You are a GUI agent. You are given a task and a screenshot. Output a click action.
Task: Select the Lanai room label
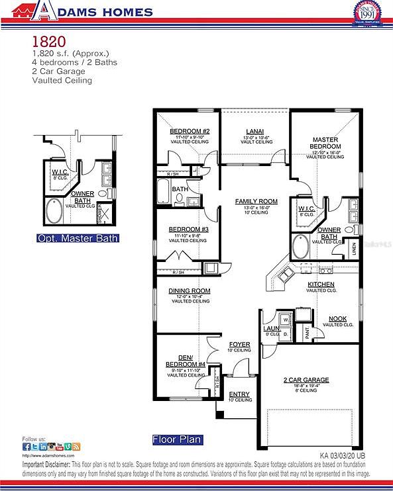coord(255,131)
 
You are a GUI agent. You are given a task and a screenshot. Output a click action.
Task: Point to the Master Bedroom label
coord(327,143)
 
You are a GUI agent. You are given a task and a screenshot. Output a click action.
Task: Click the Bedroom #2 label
coord(190,131)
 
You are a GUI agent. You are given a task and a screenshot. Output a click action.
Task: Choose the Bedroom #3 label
coord(188,229)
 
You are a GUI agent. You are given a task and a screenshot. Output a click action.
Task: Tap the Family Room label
coord(256,201)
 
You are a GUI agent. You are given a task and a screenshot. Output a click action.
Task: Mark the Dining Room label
coord(190,290)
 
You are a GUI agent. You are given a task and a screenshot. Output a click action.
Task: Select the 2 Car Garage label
coord(306,380)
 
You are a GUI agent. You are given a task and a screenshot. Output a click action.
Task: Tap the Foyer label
coord(239,345)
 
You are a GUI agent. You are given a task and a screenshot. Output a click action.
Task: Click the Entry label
coord(239,394)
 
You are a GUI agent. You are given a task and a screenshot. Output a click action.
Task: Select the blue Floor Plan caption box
coord(176,439)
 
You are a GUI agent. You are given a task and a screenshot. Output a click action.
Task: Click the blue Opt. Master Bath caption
coord(78,238)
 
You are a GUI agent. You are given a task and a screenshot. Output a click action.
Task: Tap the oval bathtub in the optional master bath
coord(54,212)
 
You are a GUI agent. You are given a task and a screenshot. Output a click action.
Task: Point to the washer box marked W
coord(286,320)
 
